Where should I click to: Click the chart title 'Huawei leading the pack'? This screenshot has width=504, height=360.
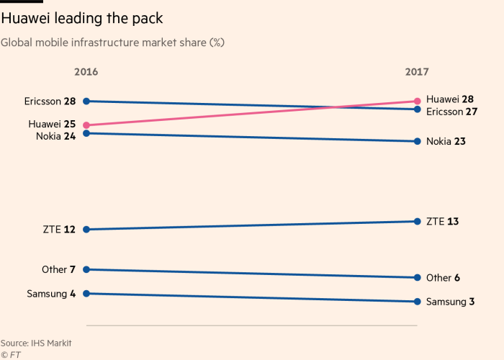click(82, 19)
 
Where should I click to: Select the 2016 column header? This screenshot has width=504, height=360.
click(86, 72)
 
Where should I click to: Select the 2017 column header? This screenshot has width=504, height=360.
click(417, 72)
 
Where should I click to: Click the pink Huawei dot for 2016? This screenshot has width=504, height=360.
click(86, 125)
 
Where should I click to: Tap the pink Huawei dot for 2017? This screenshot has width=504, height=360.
click(417, 101)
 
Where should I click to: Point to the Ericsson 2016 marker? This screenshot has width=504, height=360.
click(86, 101)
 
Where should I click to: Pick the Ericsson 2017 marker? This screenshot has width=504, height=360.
click(417, 109)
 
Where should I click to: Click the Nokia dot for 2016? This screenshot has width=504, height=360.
click(86, 133)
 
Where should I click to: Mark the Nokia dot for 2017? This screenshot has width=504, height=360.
click(417, 141)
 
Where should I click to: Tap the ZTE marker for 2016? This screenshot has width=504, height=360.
click(86, 230)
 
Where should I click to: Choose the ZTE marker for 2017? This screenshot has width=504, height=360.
click(417, 221)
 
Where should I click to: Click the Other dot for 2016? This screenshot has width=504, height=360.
click(86, 269)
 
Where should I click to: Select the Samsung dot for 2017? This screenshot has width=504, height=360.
click(417, 302)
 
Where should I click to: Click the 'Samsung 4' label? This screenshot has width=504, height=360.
click(51, 294)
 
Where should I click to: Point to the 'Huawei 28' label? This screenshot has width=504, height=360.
click(450, 99)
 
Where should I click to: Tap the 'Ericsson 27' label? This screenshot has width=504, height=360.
click(451, 112)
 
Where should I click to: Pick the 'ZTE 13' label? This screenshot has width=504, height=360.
click(442, 221)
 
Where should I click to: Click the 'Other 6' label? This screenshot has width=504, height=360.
click(443, 278)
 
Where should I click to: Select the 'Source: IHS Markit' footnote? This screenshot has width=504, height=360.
click(36, 343)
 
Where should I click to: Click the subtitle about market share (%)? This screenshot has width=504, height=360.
click(112, 42)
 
